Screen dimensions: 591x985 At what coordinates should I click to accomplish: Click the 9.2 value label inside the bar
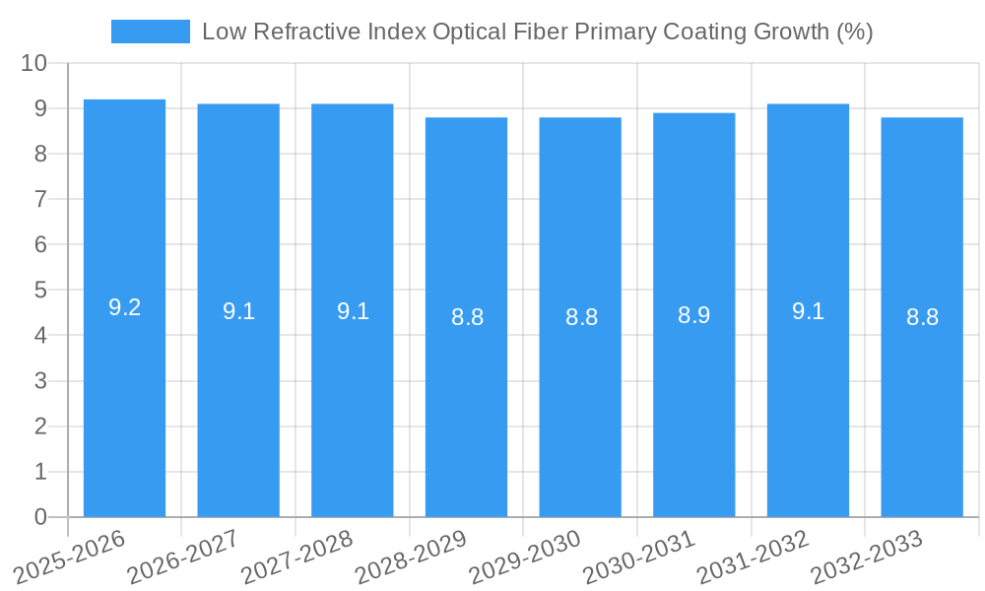[124, 307]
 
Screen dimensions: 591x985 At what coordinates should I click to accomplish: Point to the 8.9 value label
[693, 315]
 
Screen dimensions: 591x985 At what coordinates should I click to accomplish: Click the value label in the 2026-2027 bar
[238, 311]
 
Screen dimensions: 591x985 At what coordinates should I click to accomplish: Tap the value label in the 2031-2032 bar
[808, 311]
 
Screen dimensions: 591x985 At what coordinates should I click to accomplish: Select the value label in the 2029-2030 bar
[580, 317]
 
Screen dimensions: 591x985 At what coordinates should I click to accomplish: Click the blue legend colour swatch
[150, 32]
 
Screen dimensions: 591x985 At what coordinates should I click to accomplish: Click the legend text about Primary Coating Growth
[537, 32]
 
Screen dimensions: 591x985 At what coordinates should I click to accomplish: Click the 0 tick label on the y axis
[40, 517]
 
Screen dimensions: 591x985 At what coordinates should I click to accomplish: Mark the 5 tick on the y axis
[40, 291]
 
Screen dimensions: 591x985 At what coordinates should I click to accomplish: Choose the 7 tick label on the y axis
[40, 199]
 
